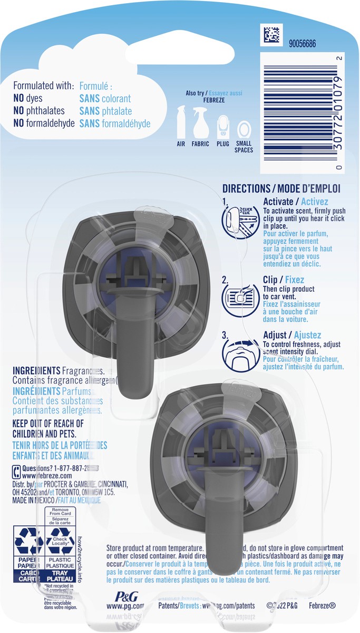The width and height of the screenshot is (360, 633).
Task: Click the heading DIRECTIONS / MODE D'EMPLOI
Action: click(x=281, y=188)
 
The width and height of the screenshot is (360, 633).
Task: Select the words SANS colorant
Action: click(x=105, y=99)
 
